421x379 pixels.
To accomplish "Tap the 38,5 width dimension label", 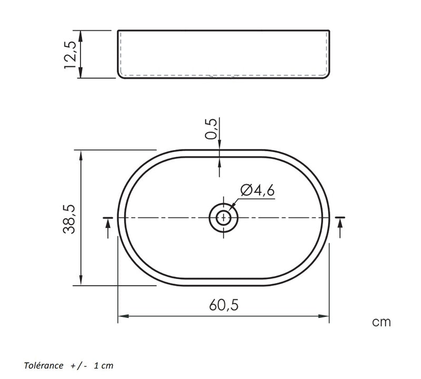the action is [x=69, y=219].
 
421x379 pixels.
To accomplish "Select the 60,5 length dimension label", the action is [x=224, y=305].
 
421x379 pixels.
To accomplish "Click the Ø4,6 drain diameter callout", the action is [x=257, y=190].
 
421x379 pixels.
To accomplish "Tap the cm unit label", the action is [x=381, y=322].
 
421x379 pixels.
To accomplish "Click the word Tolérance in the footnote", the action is [x=44, y=365].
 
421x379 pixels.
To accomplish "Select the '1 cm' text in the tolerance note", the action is [x=103, y=365].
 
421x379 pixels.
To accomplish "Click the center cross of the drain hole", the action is [x=224, y=217].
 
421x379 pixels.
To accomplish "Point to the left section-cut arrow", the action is [x=108, y=227].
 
